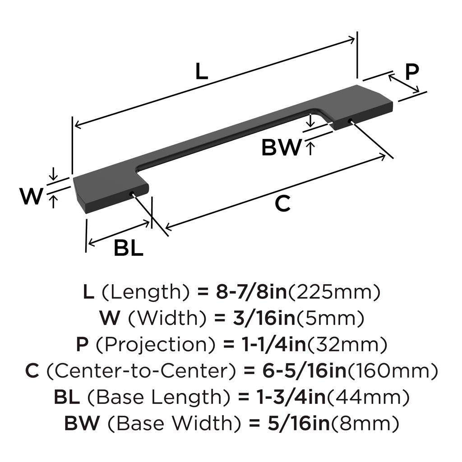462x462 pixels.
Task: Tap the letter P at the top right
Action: (411, 71)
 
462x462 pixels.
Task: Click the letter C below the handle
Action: (282, 204)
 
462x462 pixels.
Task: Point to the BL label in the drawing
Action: (128, 248)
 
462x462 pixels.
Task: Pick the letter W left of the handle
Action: (31, 197)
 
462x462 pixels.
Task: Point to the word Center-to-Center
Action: (141, 371)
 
